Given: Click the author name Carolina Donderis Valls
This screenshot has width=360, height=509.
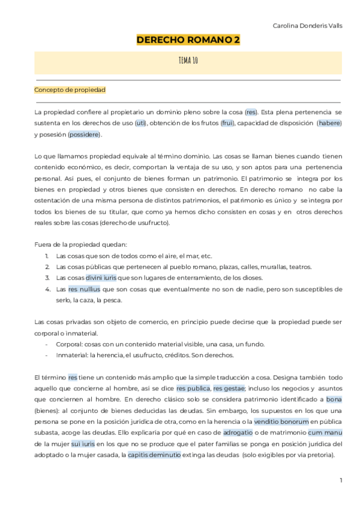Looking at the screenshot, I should pyautogui.click(x=307, y=26).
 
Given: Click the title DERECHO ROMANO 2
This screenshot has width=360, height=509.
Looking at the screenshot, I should pyautogui.click(x=188, y=40).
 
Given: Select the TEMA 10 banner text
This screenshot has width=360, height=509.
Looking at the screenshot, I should pyautogui.click(x=188, y=61).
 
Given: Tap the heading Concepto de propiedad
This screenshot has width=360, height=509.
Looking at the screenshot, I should pyautogui.click(x=70, y=90).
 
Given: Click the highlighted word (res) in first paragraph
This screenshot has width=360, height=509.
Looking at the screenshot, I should pyautogui.click(x=251, y=112).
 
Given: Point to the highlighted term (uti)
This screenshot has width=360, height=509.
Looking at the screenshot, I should pyautogui.click(x=140, y=123).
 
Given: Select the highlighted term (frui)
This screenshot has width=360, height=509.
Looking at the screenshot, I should pyautogui.click(x=227, y=123).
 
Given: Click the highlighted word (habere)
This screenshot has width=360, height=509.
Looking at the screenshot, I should pyautogui.click(x=329, y=123).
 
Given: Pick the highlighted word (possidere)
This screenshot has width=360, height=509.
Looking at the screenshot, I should pyautogui.click(x=85, y=134).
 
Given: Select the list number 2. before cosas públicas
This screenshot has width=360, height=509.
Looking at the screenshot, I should pyautogui.click(x=47, y=267).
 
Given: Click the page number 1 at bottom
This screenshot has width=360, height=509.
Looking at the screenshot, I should pyautogui.click(x=340, y=480).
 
